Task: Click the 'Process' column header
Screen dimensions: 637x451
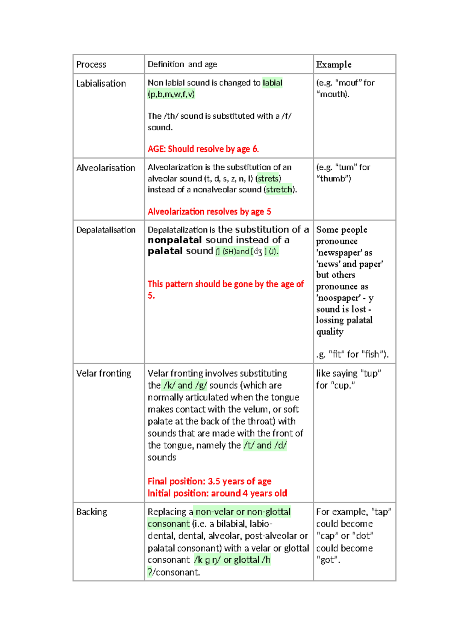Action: (x=91, y=65)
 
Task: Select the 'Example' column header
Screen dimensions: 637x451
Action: (x=333, y=65)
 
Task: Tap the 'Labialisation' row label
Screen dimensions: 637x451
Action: (x=101, y=83)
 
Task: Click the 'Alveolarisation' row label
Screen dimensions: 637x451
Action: (x=106, y=168)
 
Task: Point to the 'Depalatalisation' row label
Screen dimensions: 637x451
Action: (x=106, y=230)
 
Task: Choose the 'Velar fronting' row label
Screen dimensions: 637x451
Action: (x=104, y=373)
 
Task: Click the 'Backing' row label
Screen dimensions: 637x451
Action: (x=92, y=512)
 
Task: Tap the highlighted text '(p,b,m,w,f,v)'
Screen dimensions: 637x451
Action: (x=171, y=94)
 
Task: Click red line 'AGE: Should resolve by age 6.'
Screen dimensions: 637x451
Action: (x=203, y=149)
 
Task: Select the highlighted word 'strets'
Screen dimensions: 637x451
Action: (x=268, y=179)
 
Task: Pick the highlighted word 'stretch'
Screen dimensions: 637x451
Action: (x=279, y=190)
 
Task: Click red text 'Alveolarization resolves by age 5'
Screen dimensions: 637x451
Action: (x=209, y=212)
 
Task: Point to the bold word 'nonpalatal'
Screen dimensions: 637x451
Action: (x=175, y=240)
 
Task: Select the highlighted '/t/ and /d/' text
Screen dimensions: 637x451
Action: (x=265, y=445)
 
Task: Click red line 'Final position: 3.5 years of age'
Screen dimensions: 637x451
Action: (x=209, y=482)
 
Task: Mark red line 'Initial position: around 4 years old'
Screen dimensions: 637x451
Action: (x=217, y=494)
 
